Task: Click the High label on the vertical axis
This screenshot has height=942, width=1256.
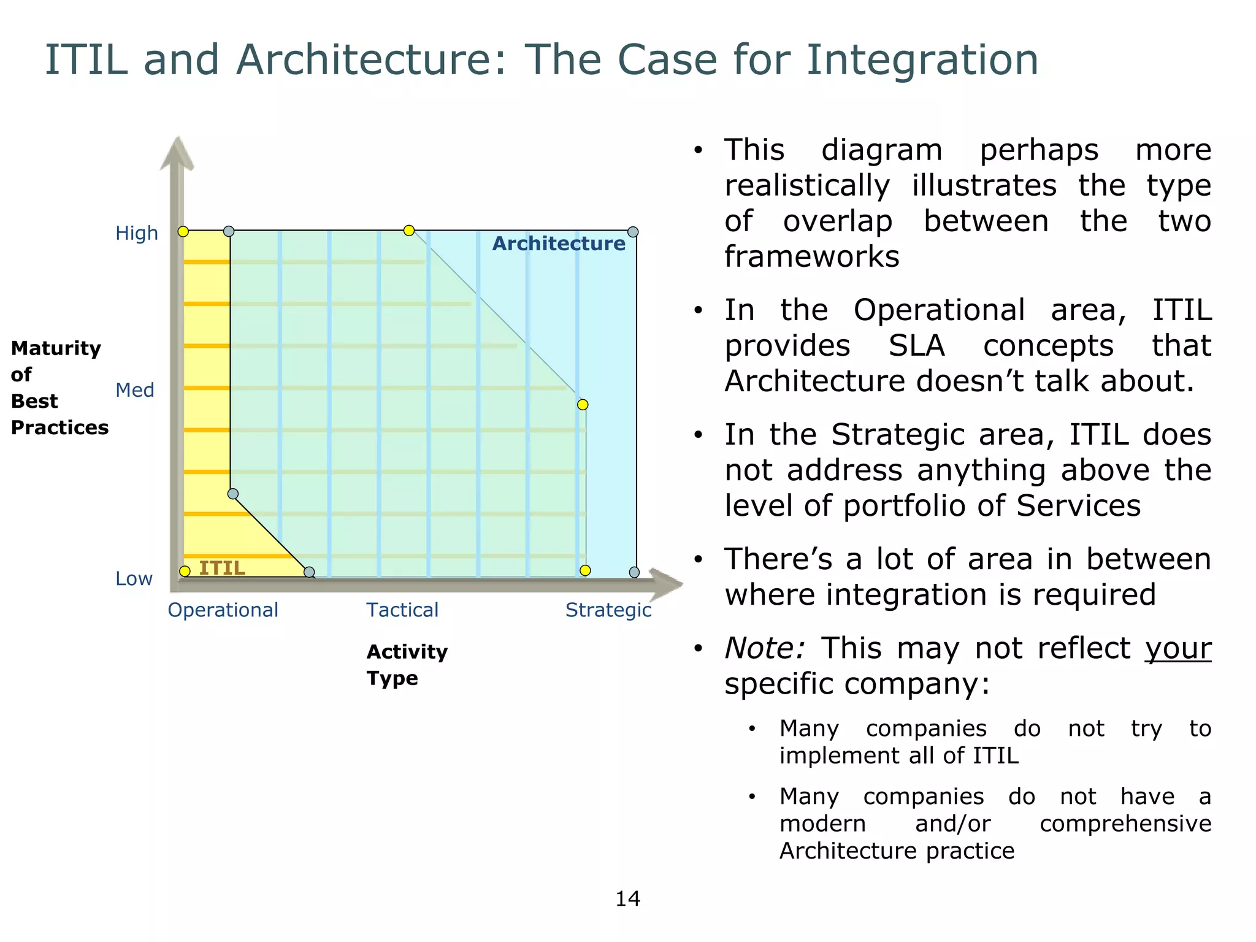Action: pos(136,233)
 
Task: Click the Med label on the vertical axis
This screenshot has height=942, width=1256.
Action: pos(134,390)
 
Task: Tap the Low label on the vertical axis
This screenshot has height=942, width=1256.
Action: pos(134,578)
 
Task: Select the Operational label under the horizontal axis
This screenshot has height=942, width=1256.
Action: pos(223,610)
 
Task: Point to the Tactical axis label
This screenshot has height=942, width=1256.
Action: pos(402,610)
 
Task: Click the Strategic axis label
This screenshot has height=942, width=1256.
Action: pos(608,610)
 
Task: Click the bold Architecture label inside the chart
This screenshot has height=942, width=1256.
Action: pos(559,243)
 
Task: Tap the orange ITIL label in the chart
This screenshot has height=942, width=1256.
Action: pos(221,568)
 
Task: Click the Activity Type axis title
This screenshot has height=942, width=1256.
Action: pos(407,665)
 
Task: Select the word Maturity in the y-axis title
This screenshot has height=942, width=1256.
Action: pos(56,348)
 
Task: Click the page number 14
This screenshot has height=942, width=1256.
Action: pos(627,898)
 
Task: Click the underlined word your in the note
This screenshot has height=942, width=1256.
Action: pos(1177,648)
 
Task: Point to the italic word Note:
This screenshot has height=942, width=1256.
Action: pos(764,648)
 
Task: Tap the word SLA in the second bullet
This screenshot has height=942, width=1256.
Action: pos(916,345)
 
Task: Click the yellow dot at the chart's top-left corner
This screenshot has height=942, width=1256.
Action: pos(183,231)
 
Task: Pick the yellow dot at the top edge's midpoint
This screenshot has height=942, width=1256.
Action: pos(409,231)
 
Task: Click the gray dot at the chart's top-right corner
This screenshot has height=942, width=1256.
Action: pos(633,232)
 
